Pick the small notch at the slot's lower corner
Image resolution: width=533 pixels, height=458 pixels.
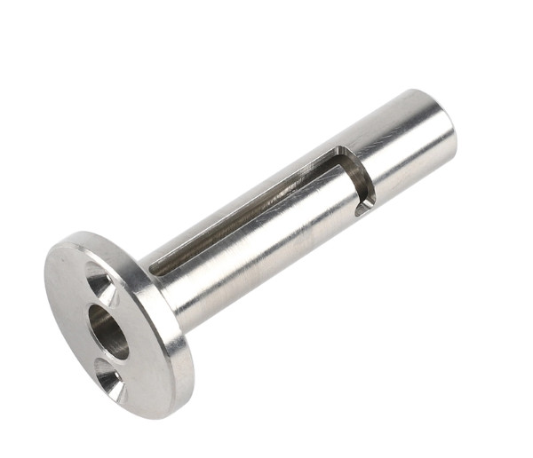pos(364,209)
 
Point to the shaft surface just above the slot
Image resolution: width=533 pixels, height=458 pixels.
pos(266,173)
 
